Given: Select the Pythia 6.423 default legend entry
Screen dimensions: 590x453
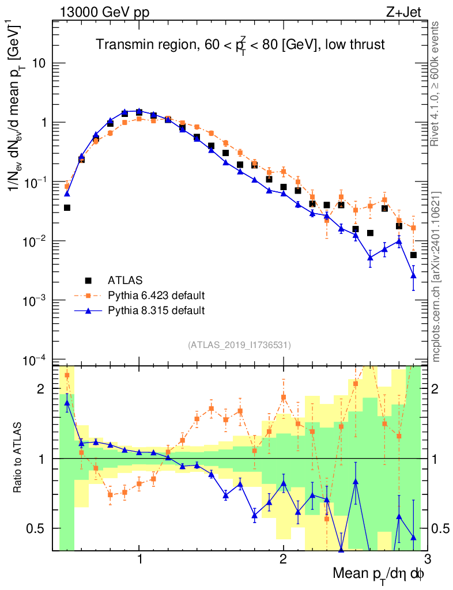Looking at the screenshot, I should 156,296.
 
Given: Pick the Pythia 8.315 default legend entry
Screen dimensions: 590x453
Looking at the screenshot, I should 156,311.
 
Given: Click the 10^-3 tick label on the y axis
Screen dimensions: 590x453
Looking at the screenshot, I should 35,300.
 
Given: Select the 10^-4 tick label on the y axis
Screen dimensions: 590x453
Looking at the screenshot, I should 35,361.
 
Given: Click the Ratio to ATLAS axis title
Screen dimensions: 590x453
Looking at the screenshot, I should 19,457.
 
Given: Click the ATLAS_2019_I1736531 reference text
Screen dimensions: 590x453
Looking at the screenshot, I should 239,345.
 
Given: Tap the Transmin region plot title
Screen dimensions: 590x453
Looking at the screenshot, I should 239,44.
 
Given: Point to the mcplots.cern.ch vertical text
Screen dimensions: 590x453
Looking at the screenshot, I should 436,277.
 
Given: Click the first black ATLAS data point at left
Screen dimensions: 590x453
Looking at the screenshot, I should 67,207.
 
